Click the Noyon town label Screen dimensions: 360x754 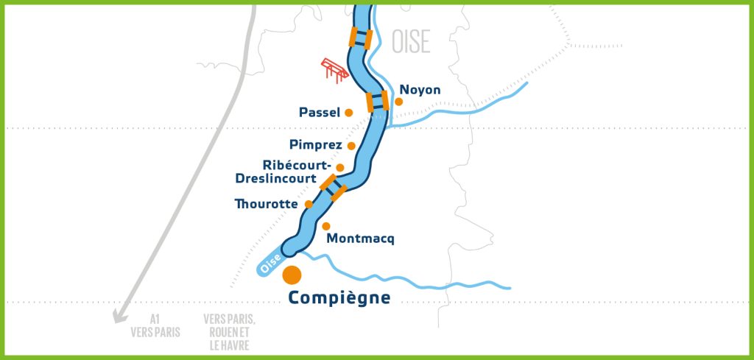pos(420,90)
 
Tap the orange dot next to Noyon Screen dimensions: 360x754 pos(399,101)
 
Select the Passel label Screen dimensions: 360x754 pos(320,113)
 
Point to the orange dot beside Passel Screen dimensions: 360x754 pos(349,113)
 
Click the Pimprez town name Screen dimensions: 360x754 pos(317,145)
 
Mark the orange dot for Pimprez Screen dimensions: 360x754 pos(352,146)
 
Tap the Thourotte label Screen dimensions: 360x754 pos(266,204)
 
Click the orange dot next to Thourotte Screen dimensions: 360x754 pos(309,204)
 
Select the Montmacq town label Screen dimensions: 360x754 pos(361,239)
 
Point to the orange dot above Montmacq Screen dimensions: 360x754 pos(326,226)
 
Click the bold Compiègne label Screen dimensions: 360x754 pos(339,298)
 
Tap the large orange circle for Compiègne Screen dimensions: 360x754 pos(292,275)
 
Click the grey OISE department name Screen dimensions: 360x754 pos(412,41)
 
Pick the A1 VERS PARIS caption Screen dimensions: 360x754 pos(155,326)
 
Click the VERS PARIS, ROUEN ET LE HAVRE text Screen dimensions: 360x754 pos(230,332)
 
